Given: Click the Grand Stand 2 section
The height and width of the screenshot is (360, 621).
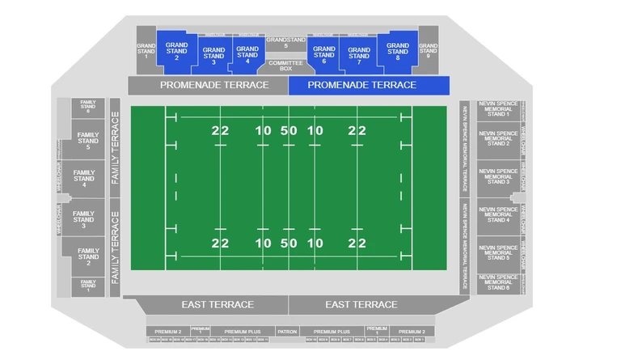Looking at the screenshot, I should [176, 51].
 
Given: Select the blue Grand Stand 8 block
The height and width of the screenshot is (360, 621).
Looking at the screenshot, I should [398, 51].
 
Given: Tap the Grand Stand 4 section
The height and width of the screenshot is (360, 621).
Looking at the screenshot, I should [247, 55].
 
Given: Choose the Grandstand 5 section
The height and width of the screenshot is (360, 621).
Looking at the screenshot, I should [286, 43].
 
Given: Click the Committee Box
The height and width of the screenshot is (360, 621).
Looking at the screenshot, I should [285, 66].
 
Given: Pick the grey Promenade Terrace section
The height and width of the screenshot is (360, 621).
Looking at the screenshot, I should [208, 85].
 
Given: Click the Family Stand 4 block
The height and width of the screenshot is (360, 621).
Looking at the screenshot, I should [84, 179].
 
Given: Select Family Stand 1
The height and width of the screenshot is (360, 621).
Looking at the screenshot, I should [87, 286].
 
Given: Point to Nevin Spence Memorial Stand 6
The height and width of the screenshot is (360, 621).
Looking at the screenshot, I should [497, 282].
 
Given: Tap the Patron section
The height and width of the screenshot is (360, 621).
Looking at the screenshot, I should [287, 332].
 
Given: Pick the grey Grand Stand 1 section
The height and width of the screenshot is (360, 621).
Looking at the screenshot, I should [146, 51].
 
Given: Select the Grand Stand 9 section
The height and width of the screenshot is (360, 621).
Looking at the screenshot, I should [429, 51].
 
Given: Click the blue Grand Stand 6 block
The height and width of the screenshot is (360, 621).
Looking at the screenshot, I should [323, 55].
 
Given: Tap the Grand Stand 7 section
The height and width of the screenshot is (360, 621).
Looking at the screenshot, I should [359, 57].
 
